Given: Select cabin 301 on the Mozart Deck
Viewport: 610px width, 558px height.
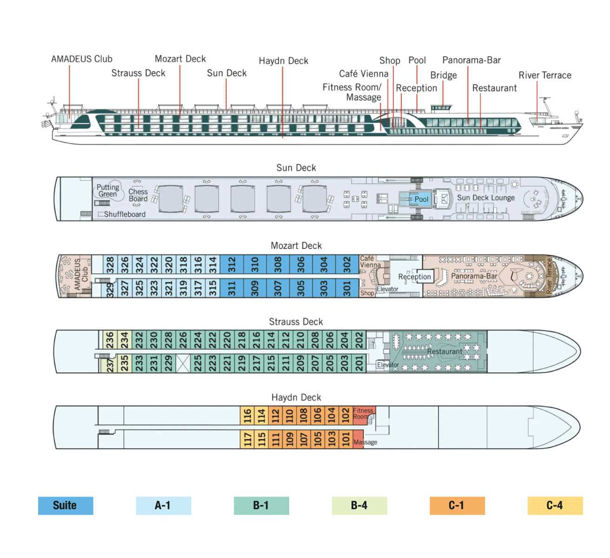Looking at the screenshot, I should (x=347, y=288).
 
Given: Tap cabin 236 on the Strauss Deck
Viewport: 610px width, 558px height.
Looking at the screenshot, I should (x=110, y=340).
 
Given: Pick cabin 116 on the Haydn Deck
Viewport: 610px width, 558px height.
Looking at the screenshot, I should (x=247, y=415).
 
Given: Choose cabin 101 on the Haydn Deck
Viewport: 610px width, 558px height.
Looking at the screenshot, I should (x=345, y=438).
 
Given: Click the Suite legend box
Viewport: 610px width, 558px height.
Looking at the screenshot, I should (x=66, y=505).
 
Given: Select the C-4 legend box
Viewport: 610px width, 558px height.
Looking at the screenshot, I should (x=555, y=505).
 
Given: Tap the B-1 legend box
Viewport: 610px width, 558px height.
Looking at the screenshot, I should (x=261, y=505).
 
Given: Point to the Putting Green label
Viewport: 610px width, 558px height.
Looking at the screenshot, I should (x=108, y=191).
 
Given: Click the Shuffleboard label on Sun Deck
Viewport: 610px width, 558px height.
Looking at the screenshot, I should (x=124, y=214).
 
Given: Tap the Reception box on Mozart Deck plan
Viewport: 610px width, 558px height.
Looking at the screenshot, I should (x=415, y=277).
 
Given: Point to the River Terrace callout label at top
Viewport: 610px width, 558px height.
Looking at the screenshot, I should (x=545, y=75).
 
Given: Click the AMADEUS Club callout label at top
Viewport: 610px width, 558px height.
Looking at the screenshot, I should (x=82, y=59).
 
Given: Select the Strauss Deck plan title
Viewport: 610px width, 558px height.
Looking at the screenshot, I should (x=296, y=322).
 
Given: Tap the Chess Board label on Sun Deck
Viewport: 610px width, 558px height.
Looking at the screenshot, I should (x=138, y=195).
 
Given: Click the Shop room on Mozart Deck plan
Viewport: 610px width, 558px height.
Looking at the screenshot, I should (x=367, y=293).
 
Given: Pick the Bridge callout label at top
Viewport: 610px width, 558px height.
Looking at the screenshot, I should (x=443, y=75).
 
